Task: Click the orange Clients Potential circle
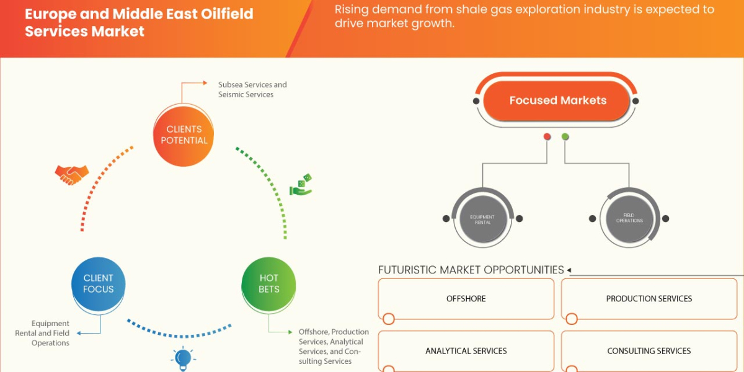[x=184, y=135]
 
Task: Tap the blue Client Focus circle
[x=98, y=284]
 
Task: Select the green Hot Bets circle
[x=268, y=284]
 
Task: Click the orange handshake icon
[x=71, y=175]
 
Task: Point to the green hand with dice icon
[x=301, y=185]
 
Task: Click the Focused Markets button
[x=557, y=100]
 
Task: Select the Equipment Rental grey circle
[x=482, y=219]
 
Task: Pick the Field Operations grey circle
[x=629, y=219]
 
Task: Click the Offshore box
[x=466, y=299]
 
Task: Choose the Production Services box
[x=649, y=299]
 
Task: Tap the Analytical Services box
[x=466, y=351]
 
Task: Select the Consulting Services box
[x=649, y=351]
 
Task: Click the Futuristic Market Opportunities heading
[x=471, y=270]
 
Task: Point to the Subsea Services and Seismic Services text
[x=252, y=89]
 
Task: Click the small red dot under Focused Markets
[x=547, y=136]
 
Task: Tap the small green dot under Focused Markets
[x=565, y=136]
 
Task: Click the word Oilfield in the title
[x=221, y=14]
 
